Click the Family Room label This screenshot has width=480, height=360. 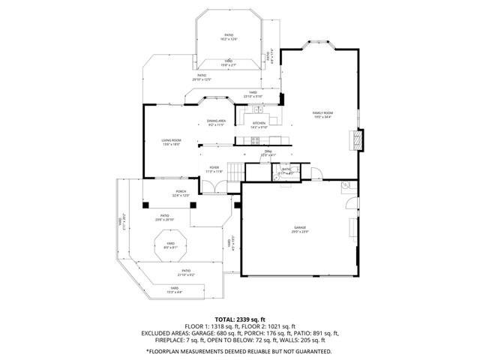point(322,112)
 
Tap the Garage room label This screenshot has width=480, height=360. point(299,227)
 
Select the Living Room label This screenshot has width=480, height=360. point(171,140)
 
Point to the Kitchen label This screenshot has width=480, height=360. point(259,123)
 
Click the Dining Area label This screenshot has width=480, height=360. point(217,121)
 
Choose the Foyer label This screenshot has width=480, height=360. point(214,167)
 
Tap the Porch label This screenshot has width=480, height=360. point(181,191)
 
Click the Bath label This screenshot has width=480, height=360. point(286,169)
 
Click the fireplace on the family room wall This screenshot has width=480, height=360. point(357,140)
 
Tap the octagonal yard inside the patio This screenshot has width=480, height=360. point(170,244)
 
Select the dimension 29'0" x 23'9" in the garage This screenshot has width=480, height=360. point(299,232)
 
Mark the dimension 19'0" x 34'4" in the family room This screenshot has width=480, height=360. point(322,117)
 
